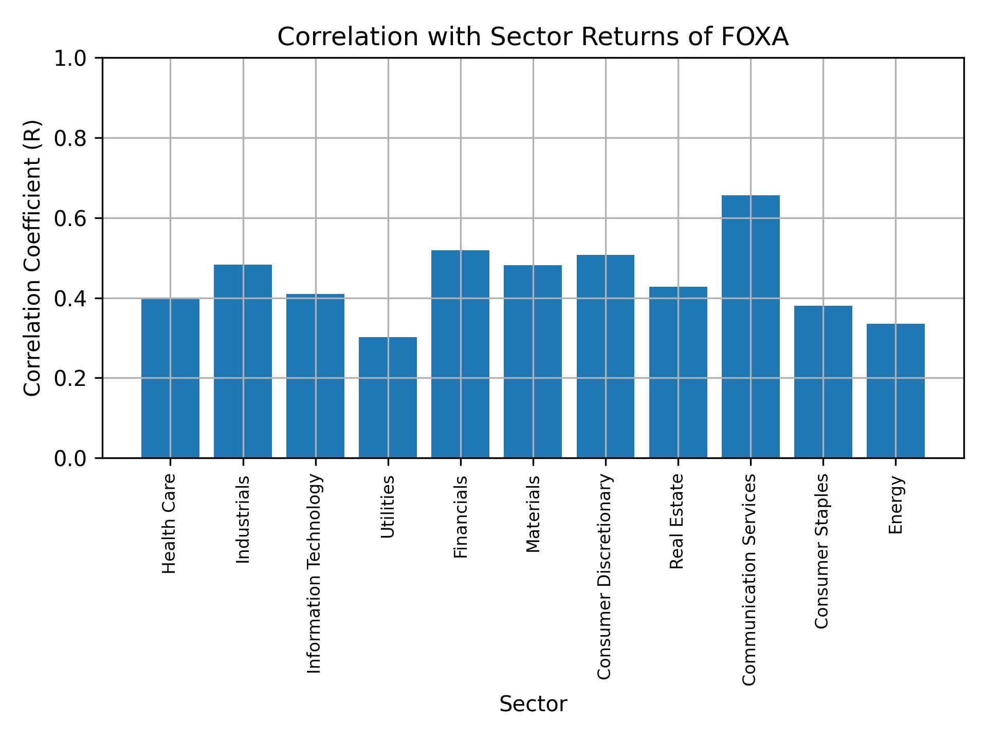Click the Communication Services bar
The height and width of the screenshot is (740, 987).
coord(751,326)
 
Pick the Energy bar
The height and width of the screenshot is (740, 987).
coord(895,391)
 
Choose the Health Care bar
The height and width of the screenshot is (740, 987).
coord(170,378)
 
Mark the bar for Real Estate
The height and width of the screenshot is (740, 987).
coord(678,372)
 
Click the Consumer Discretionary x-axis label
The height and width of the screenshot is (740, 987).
coord(605,577)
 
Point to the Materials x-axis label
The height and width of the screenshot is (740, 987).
coord(533,514)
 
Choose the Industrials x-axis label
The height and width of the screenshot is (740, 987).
coord(243,519)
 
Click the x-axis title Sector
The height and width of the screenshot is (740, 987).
coord(533,704)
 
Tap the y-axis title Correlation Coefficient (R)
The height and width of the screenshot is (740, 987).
coord(32,258)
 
